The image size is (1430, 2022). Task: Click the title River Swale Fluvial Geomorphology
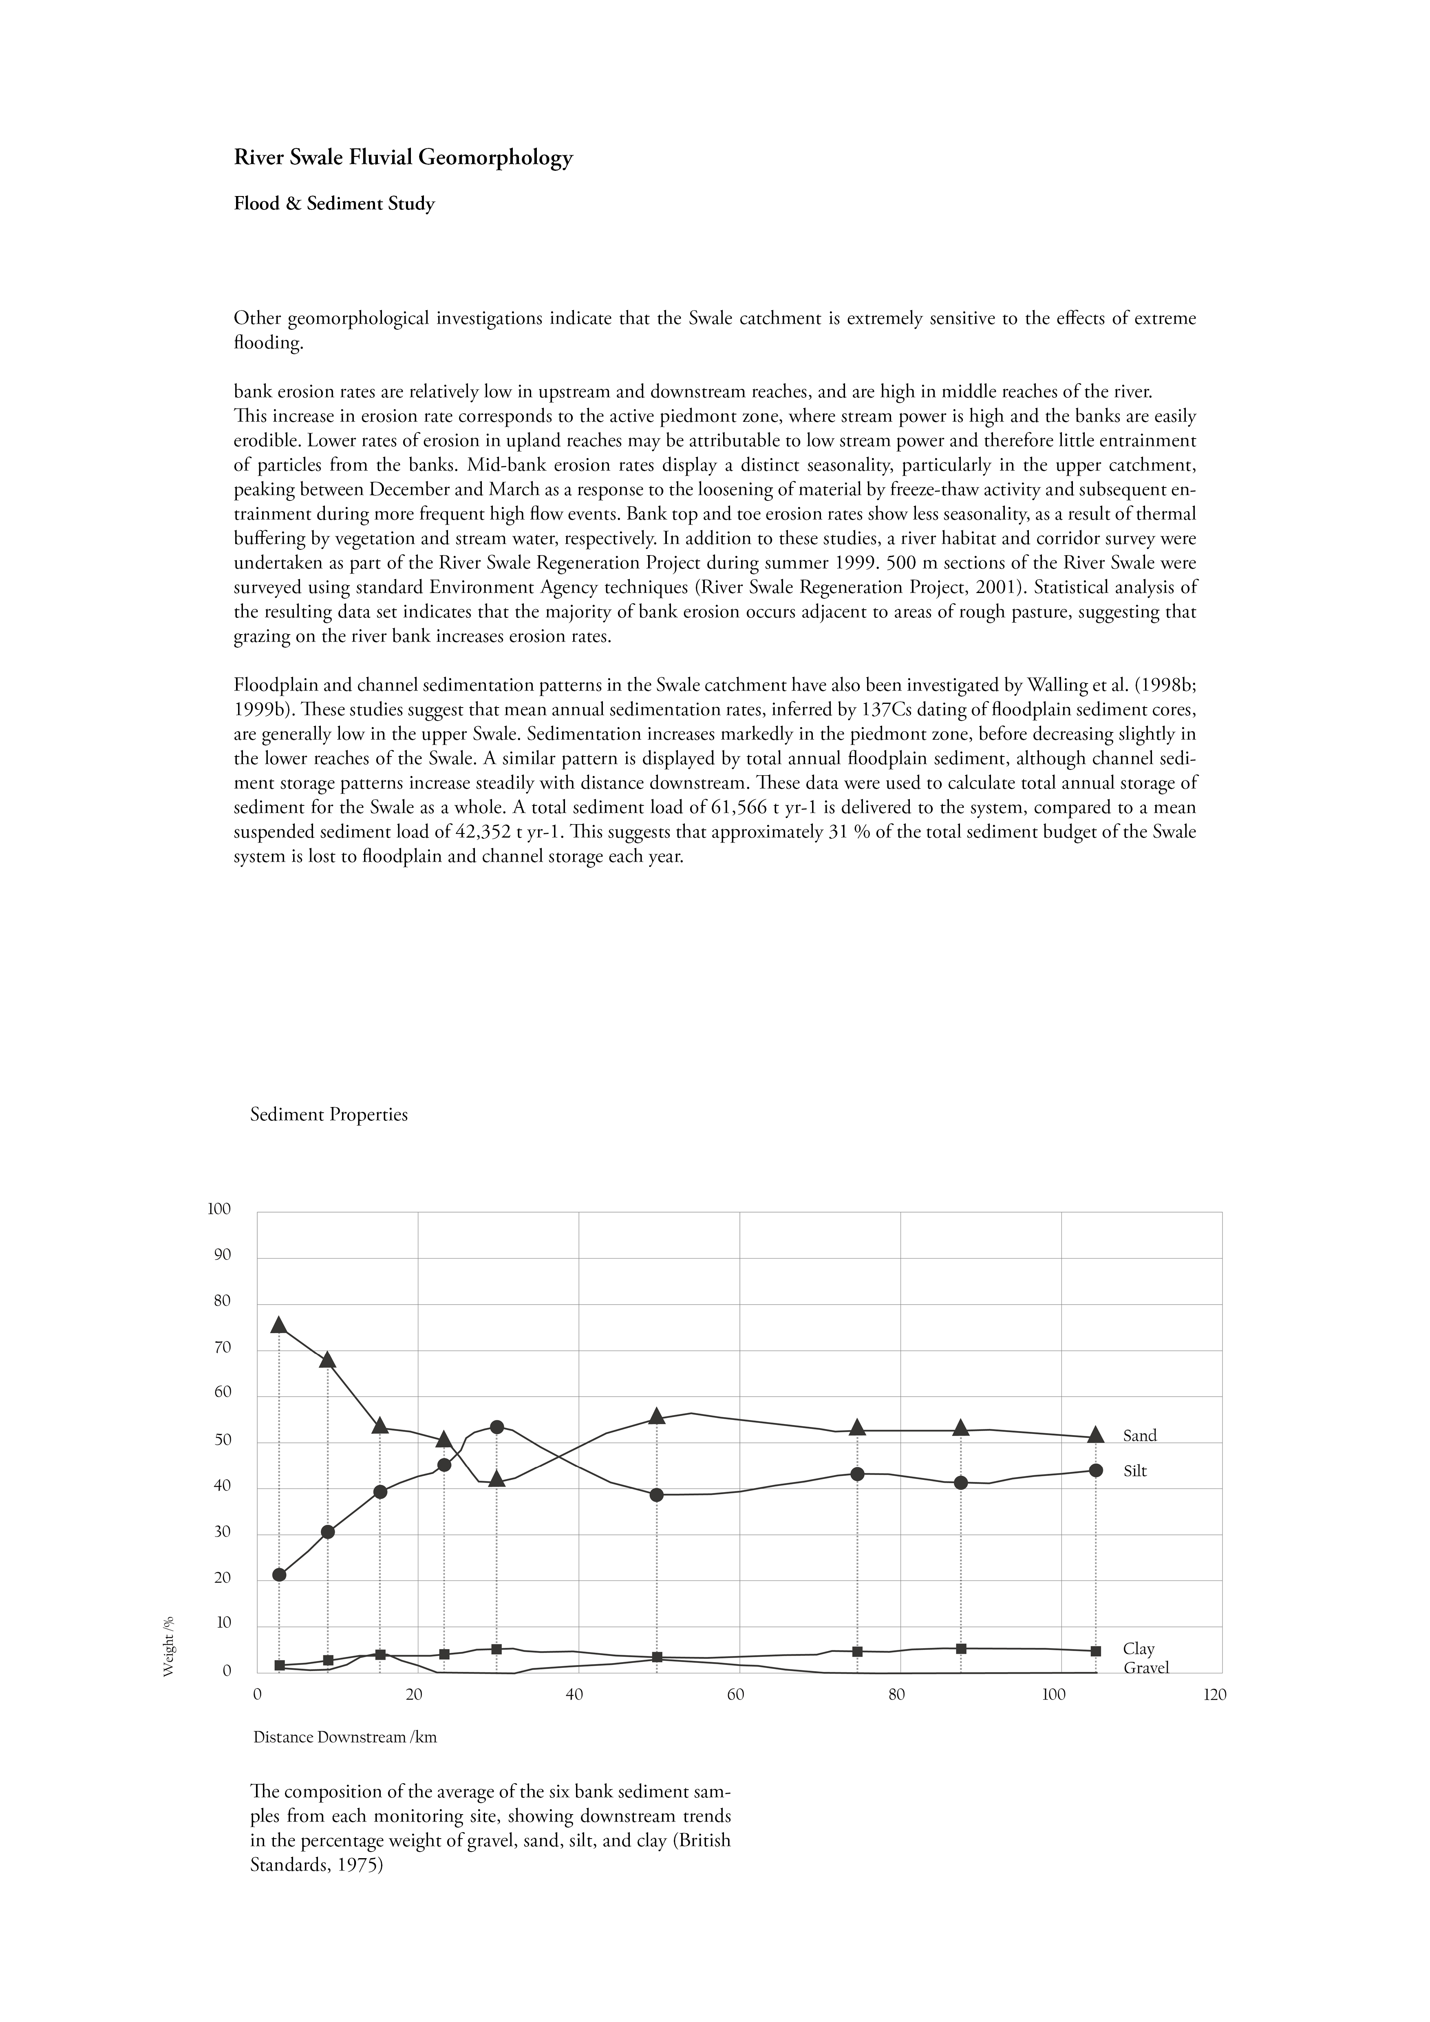[403, 159]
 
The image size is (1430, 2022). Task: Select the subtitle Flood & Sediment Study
[335, 204]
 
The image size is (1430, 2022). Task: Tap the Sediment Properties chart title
[329, 1115]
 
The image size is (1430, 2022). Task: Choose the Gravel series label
[1145, 1668]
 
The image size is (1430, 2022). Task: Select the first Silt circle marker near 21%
[279, 1574]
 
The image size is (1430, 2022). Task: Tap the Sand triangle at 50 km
[657, 1416]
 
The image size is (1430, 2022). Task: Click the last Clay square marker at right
[1095, 1651]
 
